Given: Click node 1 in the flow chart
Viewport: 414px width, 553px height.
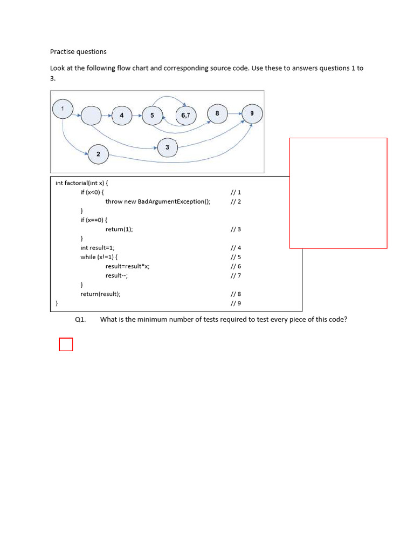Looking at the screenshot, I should coord(63,109).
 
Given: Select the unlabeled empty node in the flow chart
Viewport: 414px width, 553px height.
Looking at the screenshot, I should coord(91,115).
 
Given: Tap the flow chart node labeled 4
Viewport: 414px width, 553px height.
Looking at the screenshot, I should coord(122,115).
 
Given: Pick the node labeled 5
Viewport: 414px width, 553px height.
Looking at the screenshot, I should coord(152,115).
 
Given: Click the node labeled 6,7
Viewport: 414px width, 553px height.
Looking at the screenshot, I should coord(186,115).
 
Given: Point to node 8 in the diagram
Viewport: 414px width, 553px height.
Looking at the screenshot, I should coord(217,113).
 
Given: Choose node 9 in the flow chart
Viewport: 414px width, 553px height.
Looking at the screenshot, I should coord(252,114).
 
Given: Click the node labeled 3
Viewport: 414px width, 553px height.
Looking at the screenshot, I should coord(167,147).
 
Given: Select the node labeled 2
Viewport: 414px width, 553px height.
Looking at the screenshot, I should coord(98,154).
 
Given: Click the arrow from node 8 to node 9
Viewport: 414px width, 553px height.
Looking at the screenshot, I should coord(234,114).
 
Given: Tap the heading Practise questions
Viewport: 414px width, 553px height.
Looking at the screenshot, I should coord(78,52).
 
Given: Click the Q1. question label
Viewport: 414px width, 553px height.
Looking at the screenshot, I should coord(81,320).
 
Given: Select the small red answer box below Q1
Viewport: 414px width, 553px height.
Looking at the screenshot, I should coord(66,344).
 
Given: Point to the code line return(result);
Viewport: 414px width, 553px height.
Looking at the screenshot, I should coord(100,294).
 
